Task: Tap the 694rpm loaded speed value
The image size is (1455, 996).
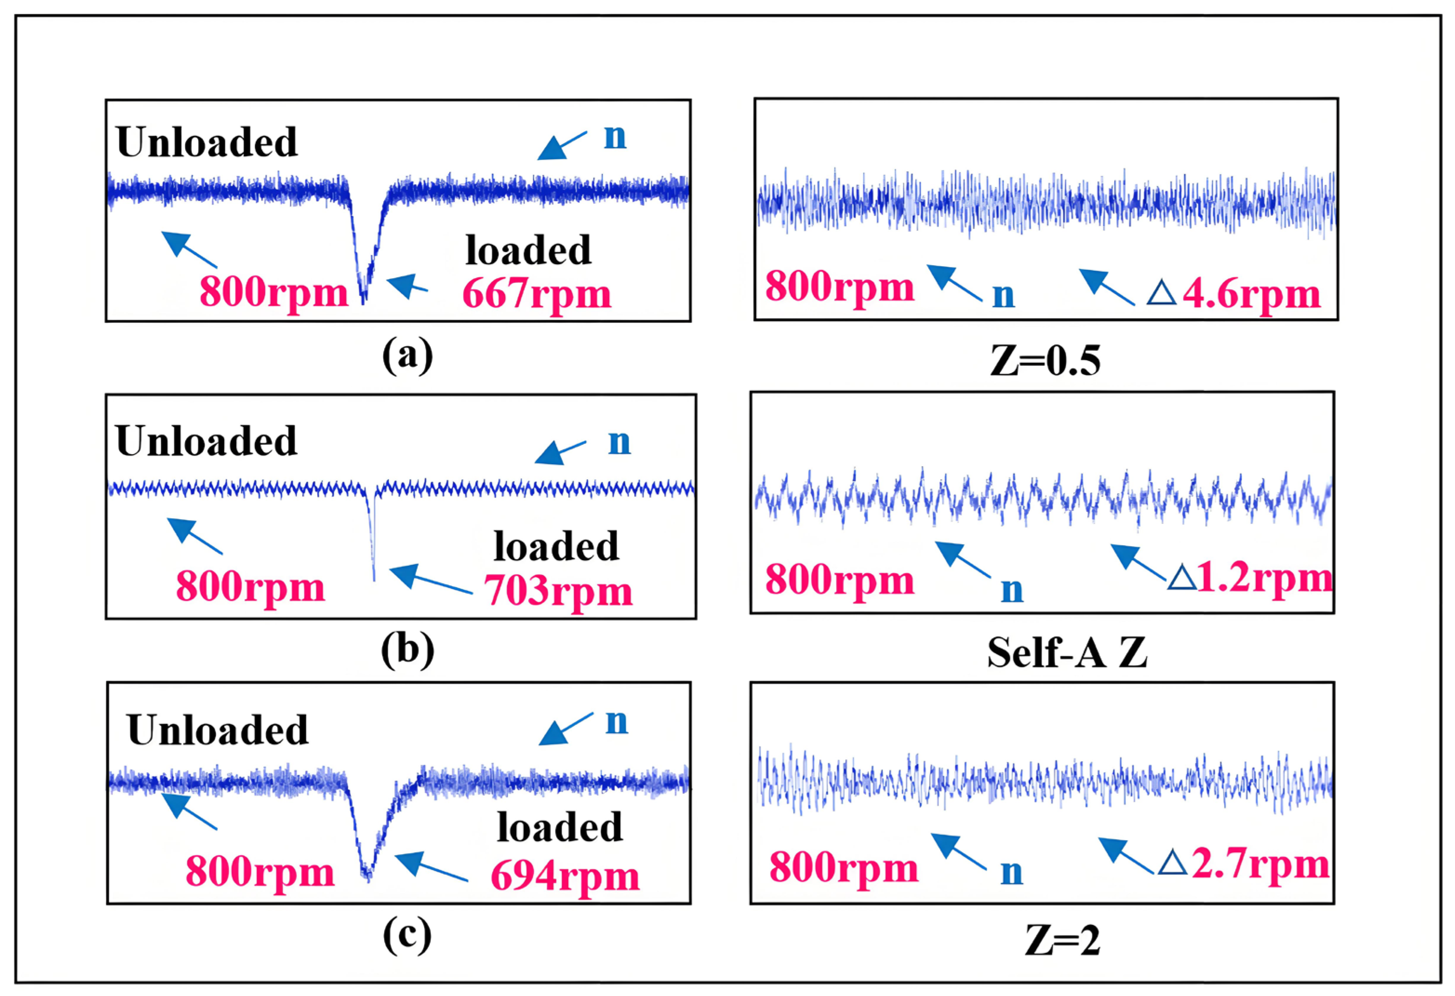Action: click(x=565, y=876)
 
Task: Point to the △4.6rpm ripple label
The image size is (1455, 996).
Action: click(x=1233, y=294)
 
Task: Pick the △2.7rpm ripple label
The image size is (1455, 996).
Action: click(x=1244, y=864)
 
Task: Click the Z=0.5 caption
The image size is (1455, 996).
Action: click(x=1045, y=361)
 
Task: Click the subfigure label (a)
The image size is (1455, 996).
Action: click(x=407, y=355)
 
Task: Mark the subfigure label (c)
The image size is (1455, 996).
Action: click(x=407, y=935)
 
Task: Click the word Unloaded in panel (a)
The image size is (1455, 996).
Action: click(x=206, y=142)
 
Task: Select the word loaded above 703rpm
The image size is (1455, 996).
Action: click(x=556, y=546)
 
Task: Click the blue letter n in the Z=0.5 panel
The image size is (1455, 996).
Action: click(x=1003, y=295)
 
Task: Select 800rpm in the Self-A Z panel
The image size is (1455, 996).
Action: click(x=840, y=580)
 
